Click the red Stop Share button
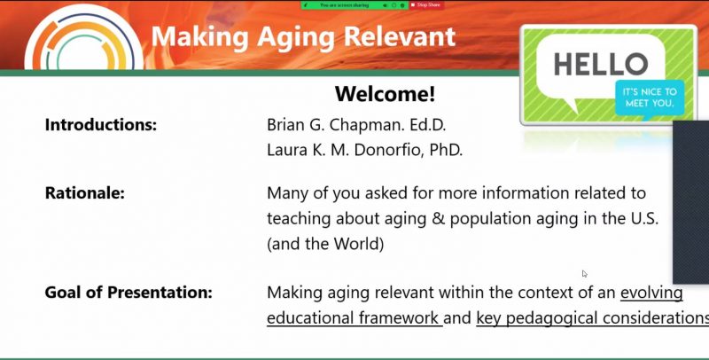pos(426,5)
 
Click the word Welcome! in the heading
pos(385,94)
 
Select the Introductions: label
pos(101,124)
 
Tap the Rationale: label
pos(84,193)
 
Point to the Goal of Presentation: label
pos(129,292)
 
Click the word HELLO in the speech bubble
pos(601,64)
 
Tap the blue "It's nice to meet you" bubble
pos(650,98)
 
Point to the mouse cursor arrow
pos(584,274)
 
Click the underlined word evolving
pos(651,293)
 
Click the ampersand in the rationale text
pos(435,218)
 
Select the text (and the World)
pos(325,244)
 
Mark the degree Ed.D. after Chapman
pos(428,125)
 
